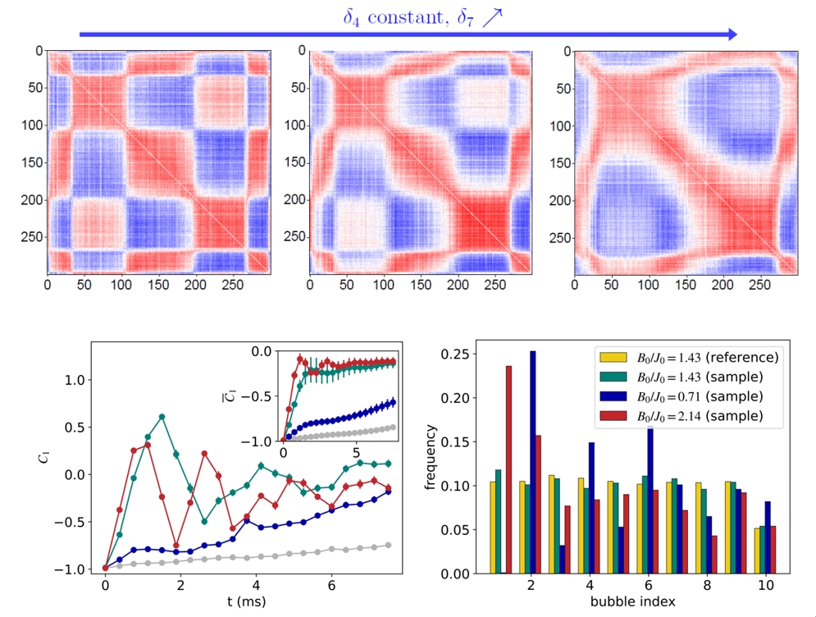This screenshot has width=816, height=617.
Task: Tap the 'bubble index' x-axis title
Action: pyautogui.click(x=631, y=603)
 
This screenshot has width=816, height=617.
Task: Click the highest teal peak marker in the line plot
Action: pyautogui.click(x=162, y=417)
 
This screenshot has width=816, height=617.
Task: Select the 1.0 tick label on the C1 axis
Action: pyautogui.click(x=75, y=380)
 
